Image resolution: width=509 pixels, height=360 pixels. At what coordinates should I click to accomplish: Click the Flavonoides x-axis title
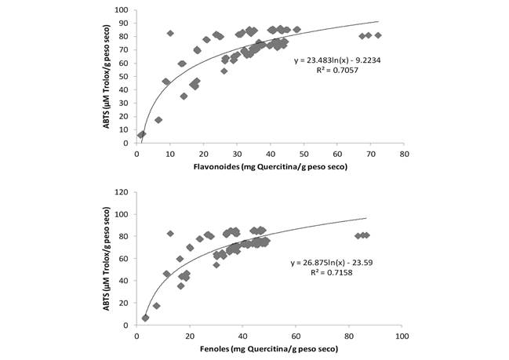point(270,166)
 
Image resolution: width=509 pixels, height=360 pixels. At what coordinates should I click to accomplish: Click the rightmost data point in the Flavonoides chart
point(378,35)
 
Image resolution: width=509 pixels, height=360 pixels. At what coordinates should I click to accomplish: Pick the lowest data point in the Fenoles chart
point(145,318)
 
